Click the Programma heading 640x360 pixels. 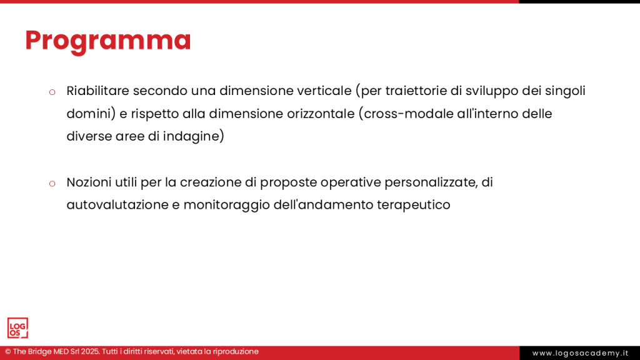click(108, 41)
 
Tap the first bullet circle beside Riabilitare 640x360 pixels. click(52, 92)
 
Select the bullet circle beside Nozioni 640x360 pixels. click(52, 184)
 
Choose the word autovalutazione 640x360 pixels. click(117, 204)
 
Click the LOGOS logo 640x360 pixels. click(17, 327)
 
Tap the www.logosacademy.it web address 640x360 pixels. click(580, 353)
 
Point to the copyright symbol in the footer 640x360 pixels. click(7, 351)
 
